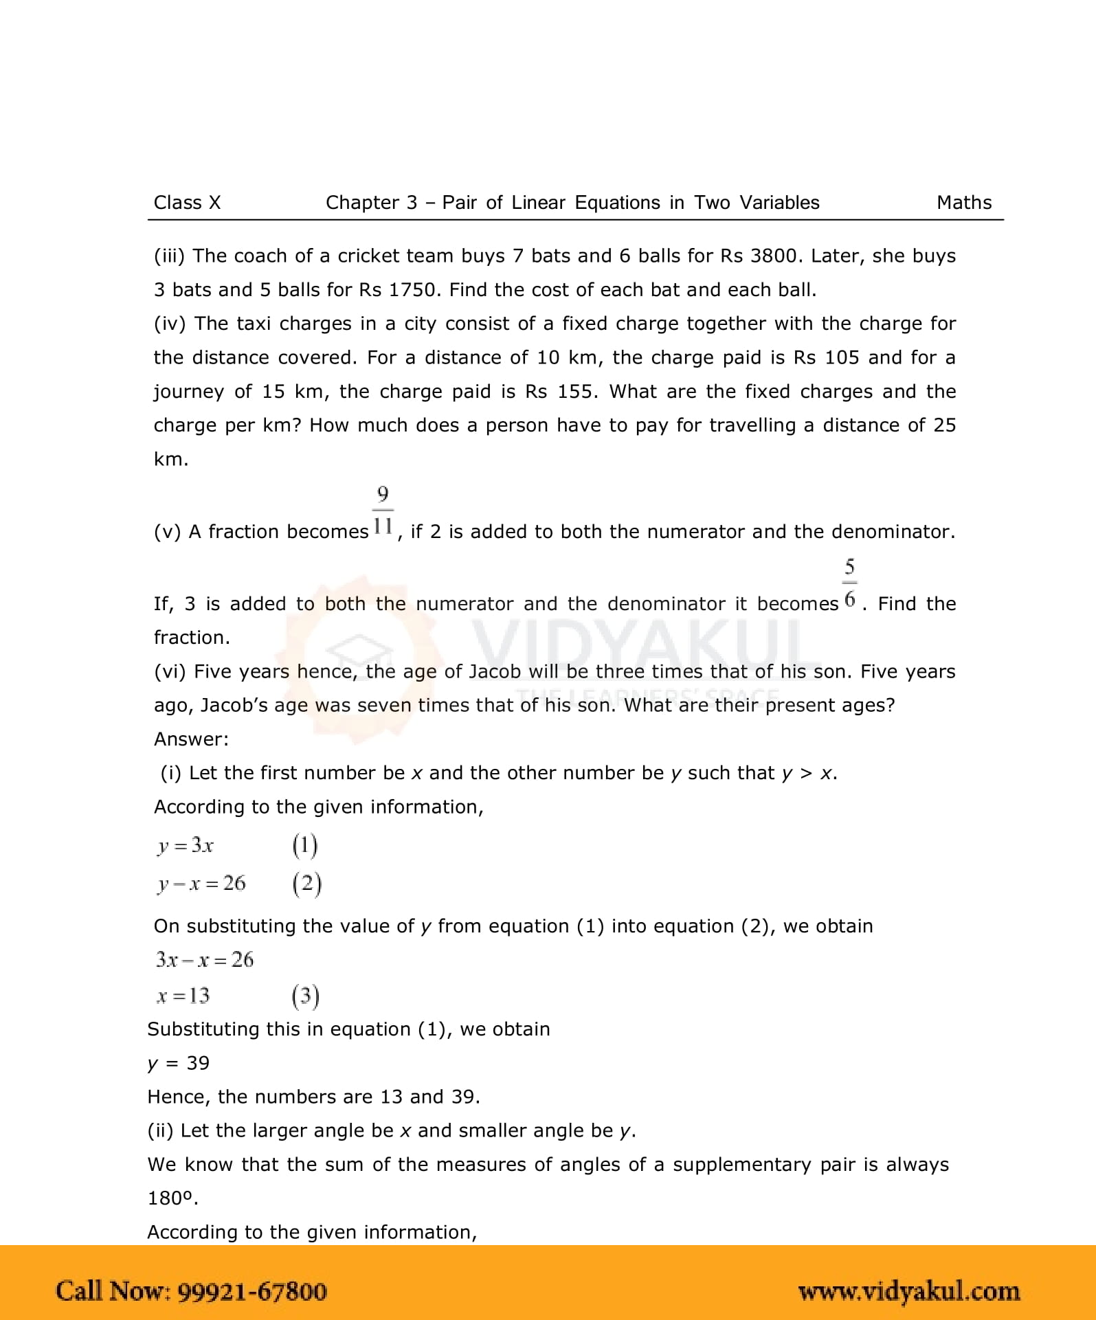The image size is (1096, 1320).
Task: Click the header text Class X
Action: point(187,203)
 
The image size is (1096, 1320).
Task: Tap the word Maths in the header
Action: point(964,203)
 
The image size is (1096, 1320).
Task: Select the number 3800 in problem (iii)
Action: point(773,256)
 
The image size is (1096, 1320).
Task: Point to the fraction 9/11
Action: point(383,511)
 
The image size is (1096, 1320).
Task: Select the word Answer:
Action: point(191,739)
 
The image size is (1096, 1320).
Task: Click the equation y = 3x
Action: point(186,845)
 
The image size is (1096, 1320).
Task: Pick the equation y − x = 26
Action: point(201,883)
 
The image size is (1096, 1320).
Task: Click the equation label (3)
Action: point(305,996)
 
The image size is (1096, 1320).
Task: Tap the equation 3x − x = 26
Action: point(205,959)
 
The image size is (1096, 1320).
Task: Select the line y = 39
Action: point(179,1063)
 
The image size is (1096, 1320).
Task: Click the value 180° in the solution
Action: point(172,1198)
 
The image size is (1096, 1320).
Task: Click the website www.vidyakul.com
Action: point(908,1291)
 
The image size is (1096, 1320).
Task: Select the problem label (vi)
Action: point(170,672)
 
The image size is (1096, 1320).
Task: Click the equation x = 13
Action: point(183,996)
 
